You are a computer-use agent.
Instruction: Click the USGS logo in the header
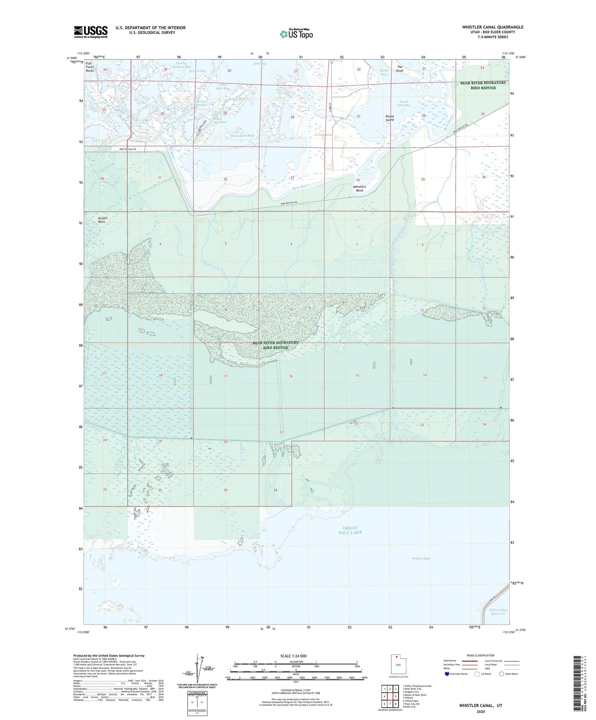point(91,32)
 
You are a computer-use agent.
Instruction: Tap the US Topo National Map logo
point(296,34)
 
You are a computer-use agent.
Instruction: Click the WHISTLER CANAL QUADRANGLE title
point(493,27)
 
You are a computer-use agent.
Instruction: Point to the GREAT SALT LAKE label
point(350,530)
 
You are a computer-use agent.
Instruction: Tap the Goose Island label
point(389,118)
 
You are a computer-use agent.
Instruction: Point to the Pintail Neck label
point(103,220)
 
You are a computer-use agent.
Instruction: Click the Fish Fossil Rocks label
point(90,67)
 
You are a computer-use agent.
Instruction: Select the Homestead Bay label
point(242,136)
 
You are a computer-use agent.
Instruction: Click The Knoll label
point(400,69)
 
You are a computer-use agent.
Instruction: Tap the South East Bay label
point(404,103)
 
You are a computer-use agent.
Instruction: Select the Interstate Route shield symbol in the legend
point(447,674)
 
